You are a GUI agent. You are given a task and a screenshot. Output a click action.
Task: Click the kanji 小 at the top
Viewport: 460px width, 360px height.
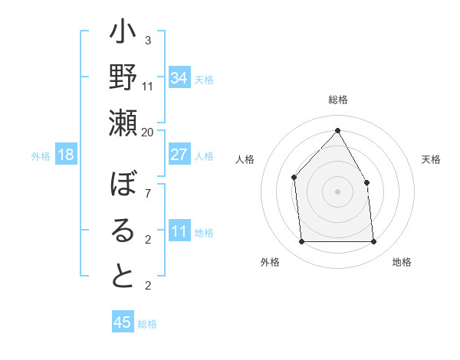123,34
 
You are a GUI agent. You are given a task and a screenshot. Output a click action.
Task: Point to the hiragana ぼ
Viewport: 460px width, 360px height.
123,186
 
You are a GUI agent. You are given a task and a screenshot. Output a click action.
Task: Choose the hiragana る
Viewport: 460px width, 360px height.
123,231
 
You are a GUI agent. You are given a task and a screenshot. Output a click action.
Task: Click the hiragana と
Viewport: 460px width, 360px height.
123,276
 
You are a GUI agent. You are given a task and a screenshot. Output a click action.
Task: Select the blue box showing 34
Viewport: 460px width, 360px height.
179,78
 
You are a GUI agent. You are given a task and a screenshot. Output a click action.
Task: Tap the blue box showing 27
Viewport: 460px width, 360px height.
179,155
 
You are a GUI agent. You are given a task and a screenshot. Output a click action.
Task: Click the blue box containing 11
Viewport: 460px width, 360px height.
179,231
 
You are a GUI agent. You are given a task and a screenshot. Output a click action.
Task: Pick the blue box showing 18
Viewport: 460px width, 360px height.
66,155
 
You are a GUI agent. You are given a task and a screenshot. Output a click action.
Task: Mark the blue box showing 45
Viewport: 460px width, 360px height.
123,322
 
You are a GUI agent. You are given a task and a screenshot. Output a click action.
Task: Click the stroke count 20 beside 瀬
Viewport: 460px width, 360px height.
148,132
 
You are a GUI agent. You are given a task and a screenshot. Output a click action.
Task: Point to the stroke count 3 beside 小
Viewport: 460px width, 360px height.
148,41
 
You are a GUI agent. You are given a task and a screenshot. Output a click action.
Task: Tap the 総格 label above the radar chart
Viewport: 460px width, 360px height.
337,100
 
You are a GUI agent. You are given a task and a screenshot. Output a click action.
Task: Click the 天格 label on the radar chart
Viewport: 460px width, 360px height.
431,159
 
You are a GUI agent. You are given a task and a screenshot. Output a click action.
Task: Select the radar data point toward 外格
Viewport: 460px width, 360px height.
301,242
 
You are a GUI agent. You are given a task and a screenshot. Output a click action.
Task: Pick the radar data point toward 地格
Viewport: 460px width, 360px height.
373,242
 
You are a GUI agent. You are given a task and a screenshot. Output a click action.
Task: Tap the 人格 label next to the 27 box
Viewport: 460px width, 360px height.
204,155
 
